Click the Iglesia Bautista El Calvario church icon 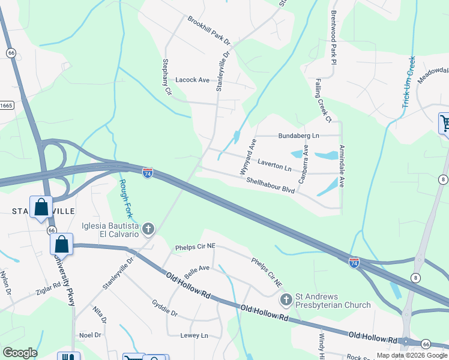[x=148, y=228]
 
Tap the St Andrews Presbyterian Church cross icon [x=286, y=299]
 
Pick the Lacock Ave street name [x=192, y=80]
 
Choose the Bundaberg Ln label [x=298, y=136]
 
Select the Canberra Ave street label [x=304, y=164]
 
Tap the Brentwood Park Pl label [x=332, y=34]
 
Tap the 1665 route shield [x=6, y=106]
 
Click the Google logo [x=20, y=353]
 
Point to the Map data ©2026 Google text [x=411, y=355]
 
